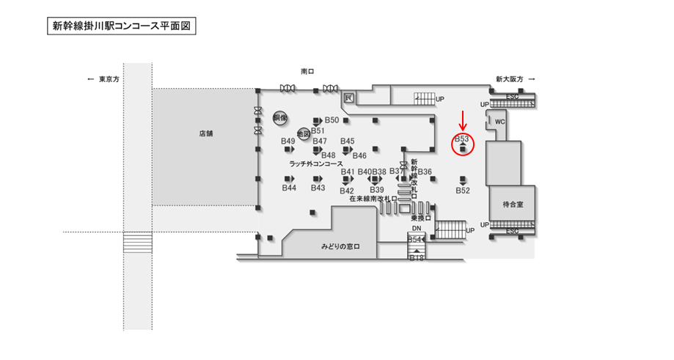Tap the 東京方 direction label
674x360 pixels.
coord(113,79)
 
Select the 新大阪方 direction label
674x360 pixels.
coord(510,79)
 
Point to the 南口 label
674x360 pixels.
coord(307,72)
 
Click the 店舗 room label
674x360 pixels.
coord(205,134)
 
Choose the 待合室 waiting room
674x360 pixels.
coord(510,204)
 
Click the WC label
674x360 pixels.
coord(500,122)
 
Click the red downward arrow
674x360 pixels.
coord(463,120)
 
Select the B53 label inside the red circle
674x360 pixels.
coord(462,138)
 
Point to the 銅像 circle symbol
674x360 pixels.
coord(279,117)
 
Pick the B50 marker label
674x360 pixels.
coord(331,120)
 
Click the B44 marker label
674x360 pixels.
coord(289,188)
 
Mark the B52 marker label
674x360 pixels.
coord(462,190)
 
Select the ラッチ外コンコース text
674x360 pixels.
coord(316,164)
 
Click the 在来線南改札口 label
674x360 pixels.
coord(373,198)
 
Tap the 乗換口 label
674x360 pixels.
coord(420,218)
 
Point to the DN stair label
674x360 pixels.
coord(416,229)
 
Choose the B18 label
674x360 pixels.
coord(417,257)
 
